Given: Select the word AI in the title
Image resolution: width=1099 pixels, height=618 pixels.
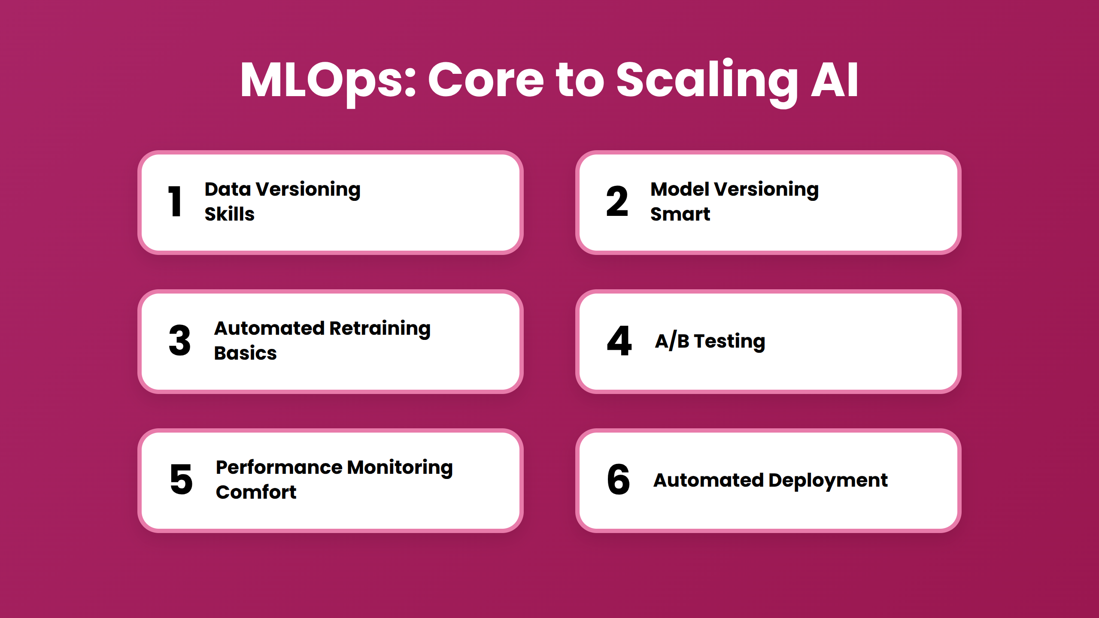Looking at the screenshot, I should pos(835,81).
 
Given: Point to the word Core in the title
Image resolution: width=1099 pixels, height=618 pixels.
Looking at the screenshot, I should pos(486,81).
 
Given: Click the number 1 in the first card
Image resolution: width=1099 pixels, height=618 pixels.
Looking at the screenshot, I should pos(175,201).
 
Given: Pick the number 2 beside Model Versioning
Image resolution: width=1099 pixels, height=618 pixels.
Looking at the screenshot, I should pos(617,201).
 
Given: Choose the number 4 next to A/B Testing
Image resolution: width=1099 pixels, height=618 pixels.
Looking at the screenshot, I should pos(619,341).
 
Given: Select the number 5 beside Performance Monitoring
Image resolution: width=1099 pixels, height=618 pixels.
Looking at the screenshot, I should pos(181,479).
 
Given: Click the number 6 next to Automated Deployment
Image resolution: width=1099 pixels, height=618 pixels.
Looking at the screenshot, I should pos(619,479).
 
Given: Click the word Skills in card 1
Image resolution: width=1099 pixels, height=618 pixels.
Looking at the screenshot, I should pos(230,214).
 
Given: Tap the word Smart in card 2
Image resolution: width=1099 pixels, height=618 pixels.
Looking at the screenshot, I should pos(680,214).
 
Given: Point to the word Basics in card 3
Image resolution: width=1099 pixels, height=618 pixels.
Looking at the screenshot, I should pos(245,353).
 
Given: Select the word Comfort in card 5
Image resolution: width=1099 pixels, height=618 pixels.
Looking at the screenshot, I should pos(256,492).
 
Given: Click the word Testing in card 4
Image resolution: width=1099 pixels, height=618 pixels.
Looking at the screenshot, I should pos(729,341).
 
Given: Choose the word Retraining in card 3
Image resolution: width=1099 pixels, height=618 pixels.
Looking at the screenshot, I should pos(380,329).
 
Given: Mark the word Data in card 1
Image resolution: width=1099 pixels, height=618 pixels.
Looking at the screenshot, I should pos(228,189).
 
